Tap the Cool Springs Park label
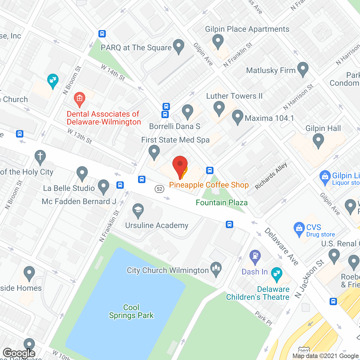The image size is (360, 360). click(x=131, y=311)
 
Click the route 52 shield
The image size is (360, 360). click(x=159, y=189)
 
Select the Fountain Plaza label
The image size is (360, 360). click(x=222, y=202)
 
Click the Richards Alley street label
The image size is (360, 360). click(x=271, y=176)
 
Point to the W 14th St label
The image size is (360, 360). click(x=113, y=73)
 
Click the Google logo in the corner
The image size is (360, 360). click(x=19, y=353)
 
